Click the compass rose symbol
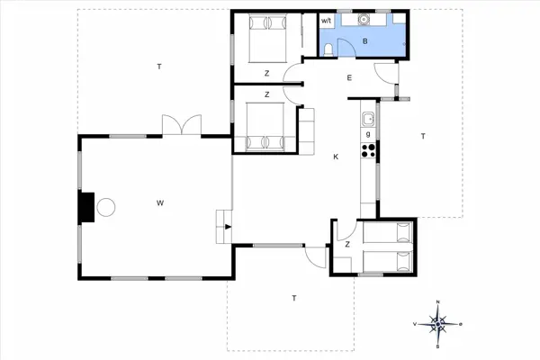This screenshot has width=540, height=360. click(x=437, y=323)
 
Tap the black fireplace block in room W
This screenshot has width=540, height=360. click(x=86, y=206)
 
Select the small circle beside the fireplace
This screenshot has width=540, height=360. click(x=106, y=207)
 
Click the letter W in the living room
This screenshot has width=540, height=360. click(x=159, y=203)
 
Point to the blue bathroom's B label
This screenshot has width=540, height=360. click(x=364, y=40)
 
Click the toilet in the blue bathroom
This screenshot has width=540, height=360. click(x=329, y=49)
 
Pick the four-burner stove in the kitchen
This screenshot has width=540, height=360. click(x=367, y=149)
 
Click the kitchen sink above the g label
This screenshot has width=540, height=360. click(x=367, y=118)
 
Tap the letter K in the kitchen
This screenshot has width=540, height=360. click(x=336, y=157)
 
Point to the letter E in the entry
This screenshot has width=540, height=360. click(x=349, y=78)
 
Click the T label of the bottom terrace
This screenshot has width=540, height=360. click(x=293, y=297)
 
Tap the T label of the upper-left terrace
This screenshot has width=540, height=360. click(x=158, y=67)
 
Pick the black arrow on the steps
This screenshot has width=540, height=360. click(x=229, y=227)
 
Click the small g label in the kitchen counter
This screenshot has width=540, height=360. click(x=367, y=133)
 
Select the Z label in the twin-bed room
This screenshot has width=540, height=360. click(x=346, y=244)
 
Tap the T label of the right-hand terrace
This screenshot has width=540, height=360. click(x=421, y=136)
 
